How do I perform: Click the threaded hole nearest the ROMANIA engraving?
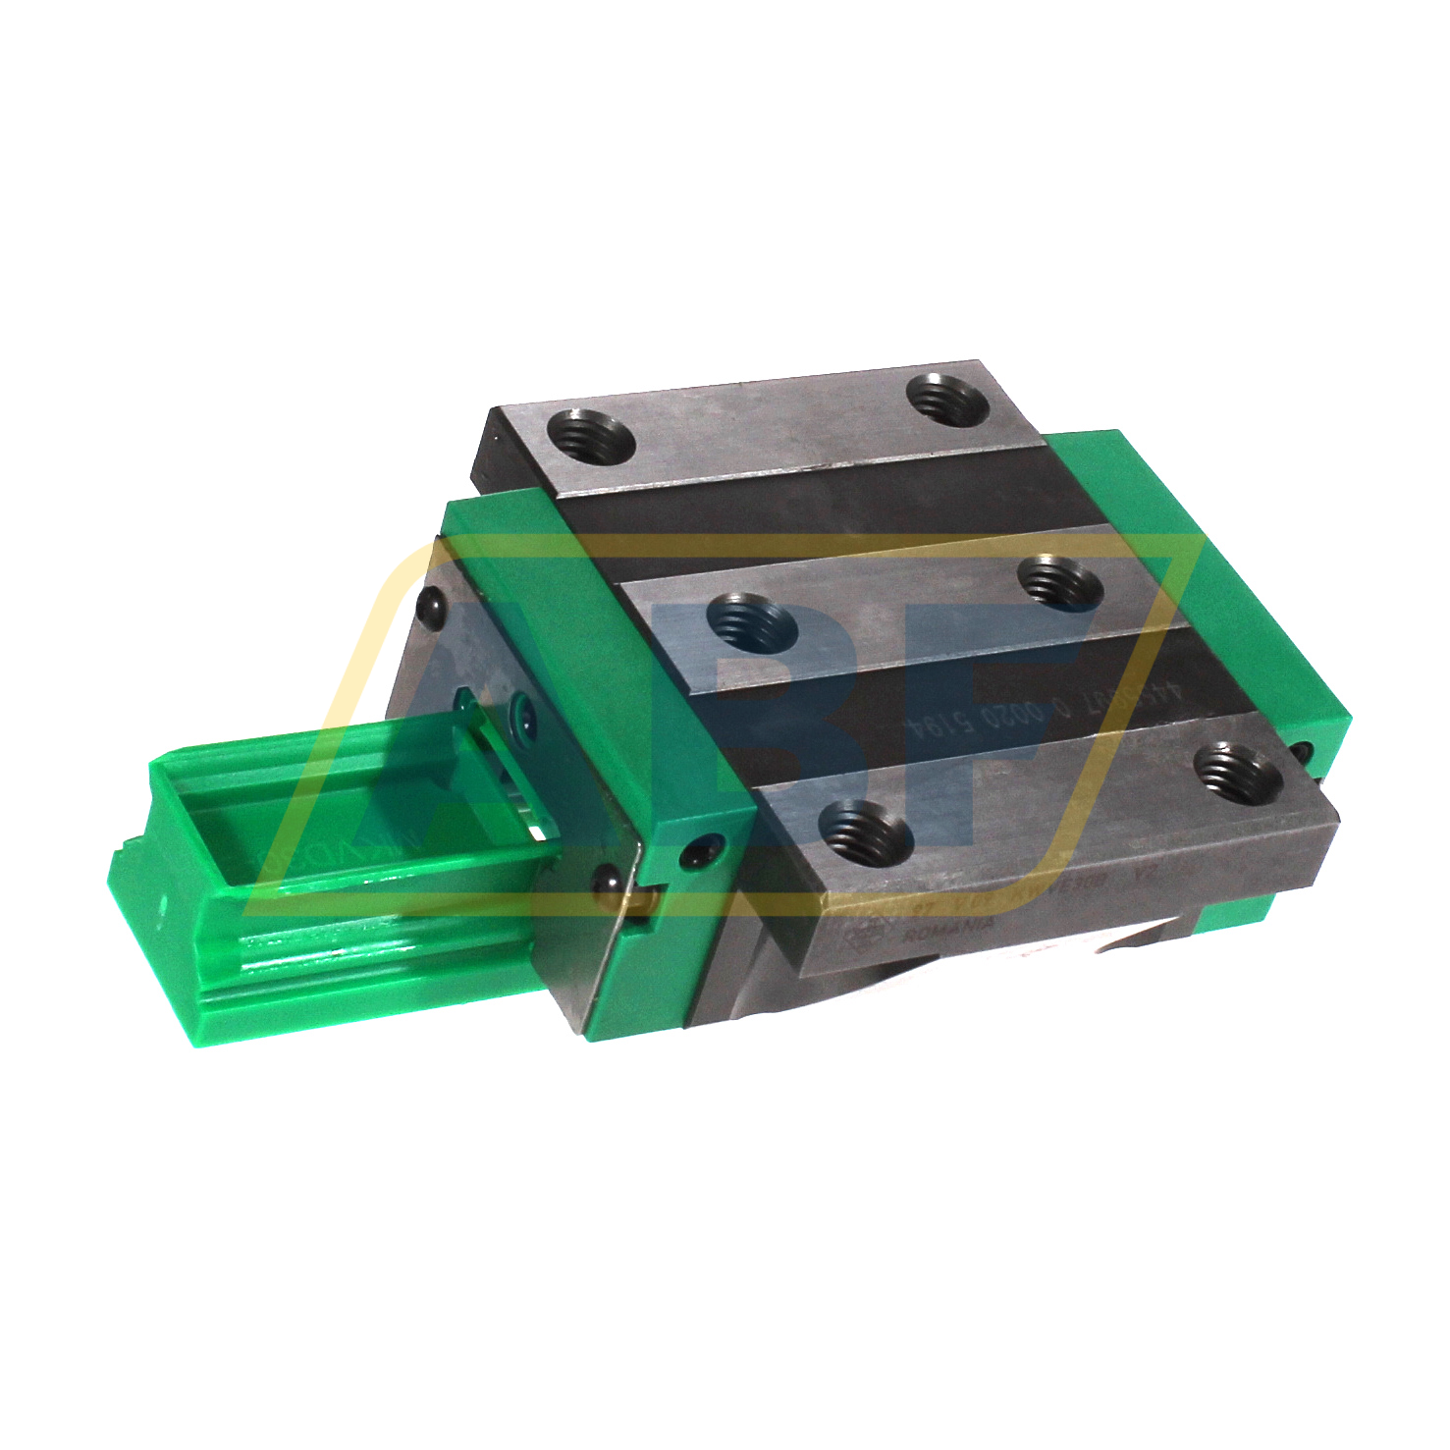865,832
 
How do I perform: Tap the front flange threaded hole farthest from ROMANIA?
1239,770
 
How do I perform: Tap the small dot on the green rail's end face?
163,901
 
